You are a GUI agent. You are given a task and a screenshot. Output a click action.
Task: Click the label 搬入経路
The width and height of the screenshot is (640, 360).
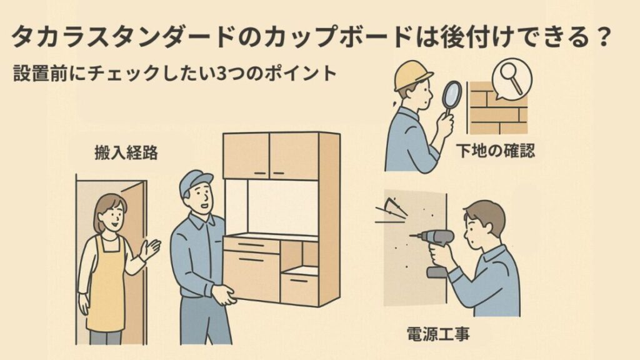point(126,153)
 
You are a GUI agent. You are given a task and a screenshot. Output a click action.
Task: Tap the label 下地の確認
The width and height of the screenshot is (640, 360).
point(495,151)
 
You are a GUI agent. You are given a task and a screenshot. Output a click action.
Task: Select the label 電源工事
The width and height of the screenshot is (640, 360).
point(438,334)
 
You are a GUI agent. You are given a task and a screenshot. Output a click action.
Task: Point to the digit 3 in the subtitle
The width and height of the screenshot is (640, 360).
point(222,73)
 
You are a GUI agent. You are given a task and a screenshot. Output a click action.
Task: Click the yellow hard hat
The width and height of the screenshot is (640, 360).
point(412,76)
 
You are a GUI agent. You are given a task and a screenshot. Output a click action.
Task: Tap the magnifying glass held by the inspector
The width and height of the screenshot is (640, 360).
point(451,99)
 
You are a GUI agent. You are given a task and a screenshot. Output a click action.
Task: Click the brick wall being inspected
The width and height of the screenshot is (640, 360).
point(497,108)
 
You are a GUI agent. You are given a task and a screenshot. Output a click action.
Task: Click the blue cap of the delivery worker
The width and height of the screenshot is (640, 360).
point(195,182)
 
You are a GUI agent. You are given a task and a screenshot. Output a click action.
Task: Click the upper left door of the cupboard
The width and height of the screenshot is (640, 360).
point(246,155)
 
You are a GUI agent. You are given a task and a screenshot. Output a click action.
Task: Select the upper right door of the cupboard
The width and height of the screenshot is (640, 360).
point(294,156)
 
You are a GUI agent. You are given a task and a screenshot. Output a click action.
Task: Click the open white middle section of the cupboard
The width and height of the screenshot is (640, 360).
point(282,207)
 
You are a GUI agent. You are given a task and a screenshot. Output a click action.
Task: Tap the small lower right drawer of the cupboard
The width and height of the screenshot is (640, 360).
point(299,290)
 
